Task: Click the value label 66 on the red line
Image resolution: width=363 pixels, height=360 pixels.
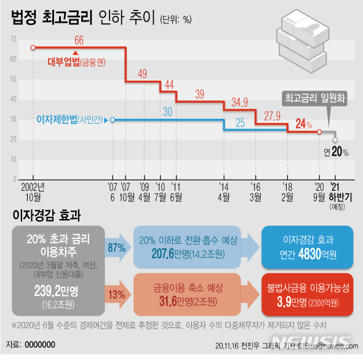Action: click(79, 41)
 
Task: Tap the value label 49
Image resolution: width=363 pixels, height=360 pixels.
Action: click(142, 74)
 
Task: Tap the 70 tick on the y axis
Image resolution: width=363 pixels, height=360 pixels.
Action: click(13, 39)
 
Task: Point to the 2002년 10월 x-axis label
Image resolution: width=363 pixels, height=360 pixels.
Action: click(33, 191)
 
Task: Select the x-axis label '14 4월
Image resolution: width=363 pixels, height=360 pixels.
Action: click(223, 191)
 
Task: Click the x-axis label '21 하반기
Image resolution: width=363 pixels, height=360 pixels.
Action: click(336, 191)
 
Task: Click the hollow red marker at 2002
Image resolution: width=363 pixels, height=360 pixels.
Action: click(33, 47)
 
